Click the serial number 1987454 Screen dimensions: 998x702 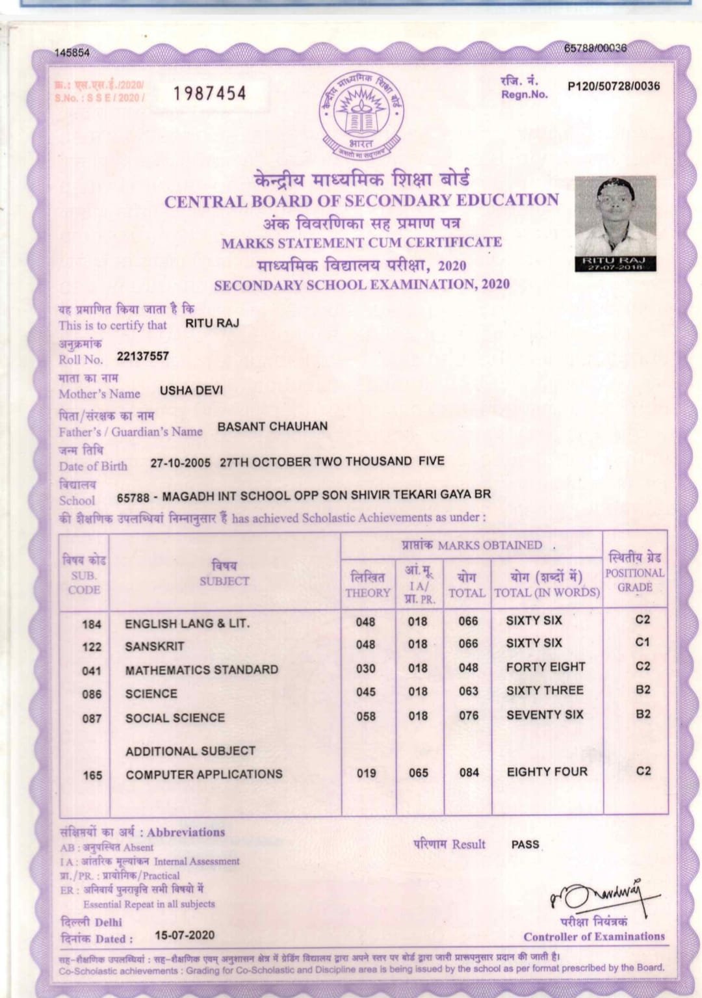click(210, 94)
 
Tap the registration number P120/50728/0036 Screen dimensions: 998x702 click(613, 86)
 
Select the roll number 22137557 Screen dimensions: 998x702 click(143, 356)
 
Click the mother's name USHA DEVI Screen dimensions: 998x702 click(191, 390)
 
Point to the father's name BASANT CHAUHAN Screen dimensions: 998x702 click(272, 427)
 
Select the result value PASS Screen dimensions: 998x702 click(525, 845)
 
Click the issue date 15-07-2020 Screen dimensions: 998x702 click(185, 935)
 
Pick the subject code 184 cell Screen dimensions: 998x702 click(92, 624)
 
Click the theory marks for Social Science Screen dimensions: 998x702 click(366, 716)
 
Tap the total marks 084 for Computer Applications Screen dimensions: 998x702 click(469, 772)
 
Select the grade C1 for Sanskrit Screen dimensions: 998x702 click(642, 642)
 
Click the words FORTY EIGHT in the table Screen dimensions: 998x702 click(545, 667)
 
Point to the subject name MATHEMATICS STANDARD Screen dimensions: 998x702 click(201, 670)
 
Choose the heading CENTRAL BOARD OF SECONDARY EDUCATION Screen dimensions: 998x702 click(361, 201)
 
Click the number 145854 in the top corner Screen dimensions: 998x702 click(72, 53)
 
